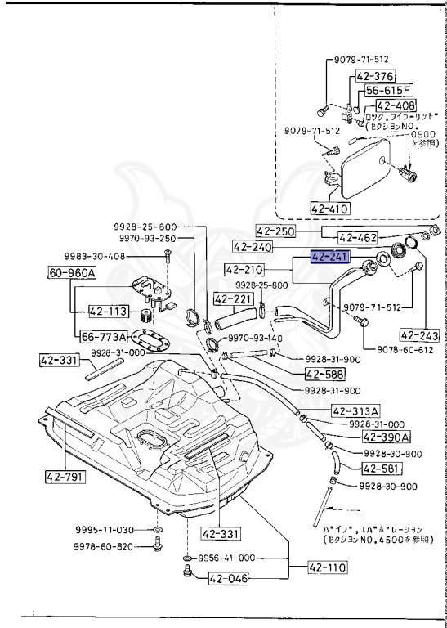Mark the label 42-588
coord(324,374)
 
